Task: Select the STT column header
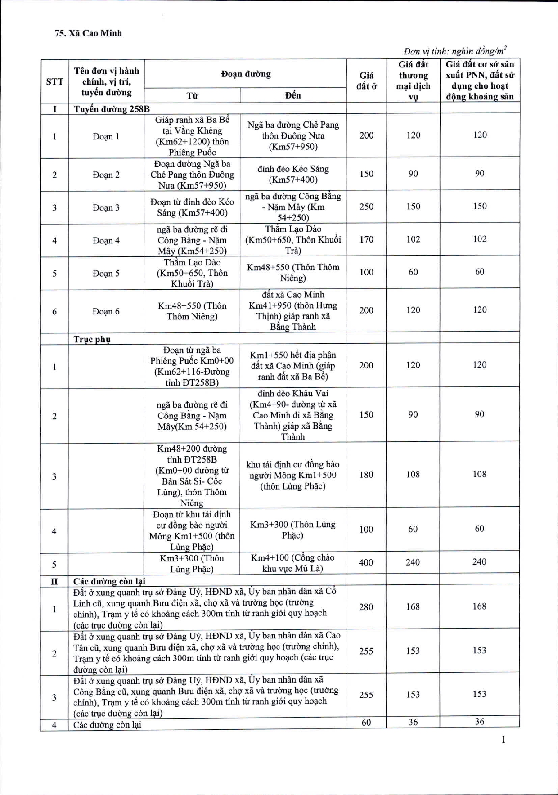pos(54,81)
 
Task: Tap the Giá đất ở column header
pos(366,81)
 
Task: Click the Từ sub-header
pos(192,95)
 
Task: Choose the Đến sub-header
pos(293,95)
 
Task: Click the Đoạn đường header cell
pos(246,74)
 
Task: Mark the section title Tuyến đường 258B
pos(112,109)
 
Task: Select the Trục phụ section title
pos(92,339)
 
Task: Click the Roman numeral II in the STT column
pos(54,581)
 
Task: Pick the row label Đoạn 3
pos(106,207)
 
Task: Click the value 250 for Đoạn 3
pos(366,207)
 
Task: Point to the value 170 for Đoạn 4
pos(366,239)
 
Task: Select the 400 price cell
pos(366,562)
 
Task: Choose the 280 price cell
pos(366,607)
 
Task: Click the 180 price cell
pos(366,475)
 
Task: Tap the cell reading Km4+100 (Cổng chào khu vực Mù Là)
pos(293,563)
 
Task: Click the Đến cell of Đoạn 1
pos(293,135)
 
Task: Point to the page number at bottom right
pos(503,740)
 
